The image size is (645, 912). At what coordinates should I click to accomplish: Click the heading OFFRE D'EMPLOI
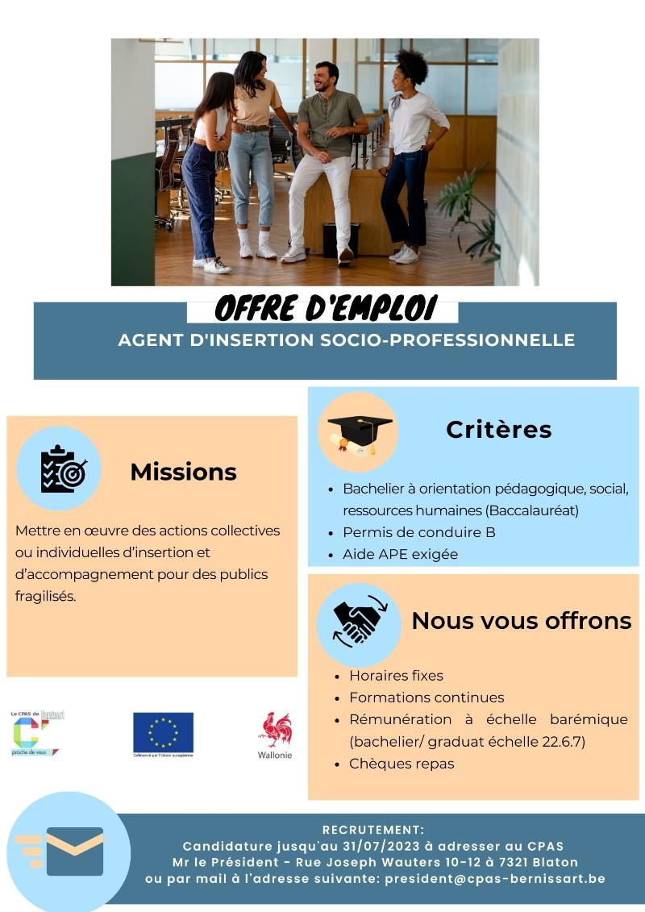[326, 308]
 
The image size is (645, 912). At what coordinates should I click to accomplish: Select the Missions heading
[183, 472]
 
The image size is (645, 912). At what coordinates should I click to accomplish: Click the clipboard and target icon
[62, 468]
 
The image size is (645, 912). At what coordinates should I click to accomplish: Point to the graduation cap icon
[358, 431]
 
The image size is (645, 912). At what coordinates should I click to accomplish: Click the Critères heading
[498, 430]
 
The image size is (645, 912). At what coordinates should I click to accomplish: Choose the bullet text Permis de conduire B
[418, 532]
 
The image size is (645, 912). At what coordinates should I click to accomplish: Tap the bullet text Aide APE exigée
[400, 554]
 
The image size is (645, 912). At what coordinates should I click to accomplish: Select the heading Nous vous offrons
[521, 621]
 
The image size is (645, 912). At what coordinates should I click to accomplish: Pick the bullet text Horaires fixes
[396, 676]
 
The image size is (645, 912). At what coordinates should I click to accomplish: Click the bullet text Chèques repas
[402, 763]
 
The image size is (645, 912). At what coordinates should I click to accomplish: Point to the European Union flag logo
[163, 732]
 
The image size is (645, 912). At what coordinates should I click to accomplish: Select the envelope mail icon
[74, 851]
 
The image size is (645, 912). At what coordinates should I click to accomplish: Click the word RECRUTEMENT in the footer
[372, 830]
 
